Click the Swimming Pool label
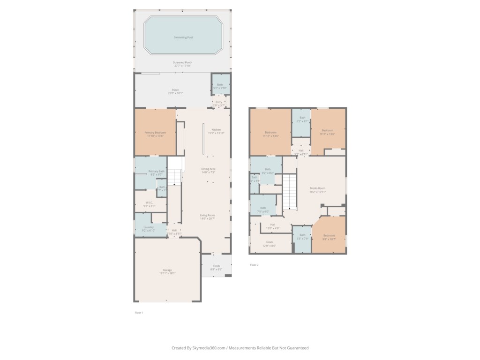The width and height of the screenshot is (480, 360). click(183, 37)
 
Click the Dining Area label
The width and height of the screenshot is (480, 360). click(208, 170)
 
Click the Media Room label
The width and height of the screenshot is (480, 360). click(317, 189)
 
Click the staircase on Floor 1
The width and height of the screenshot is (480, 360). click(174, 176)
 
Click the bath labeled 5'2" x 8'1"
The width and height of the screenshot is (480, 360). click(302, 119)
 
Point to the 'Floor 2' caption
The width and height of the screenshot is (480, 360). click(254, 265)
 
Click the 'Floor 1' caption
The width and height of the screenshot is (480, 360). click(139, 312)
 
